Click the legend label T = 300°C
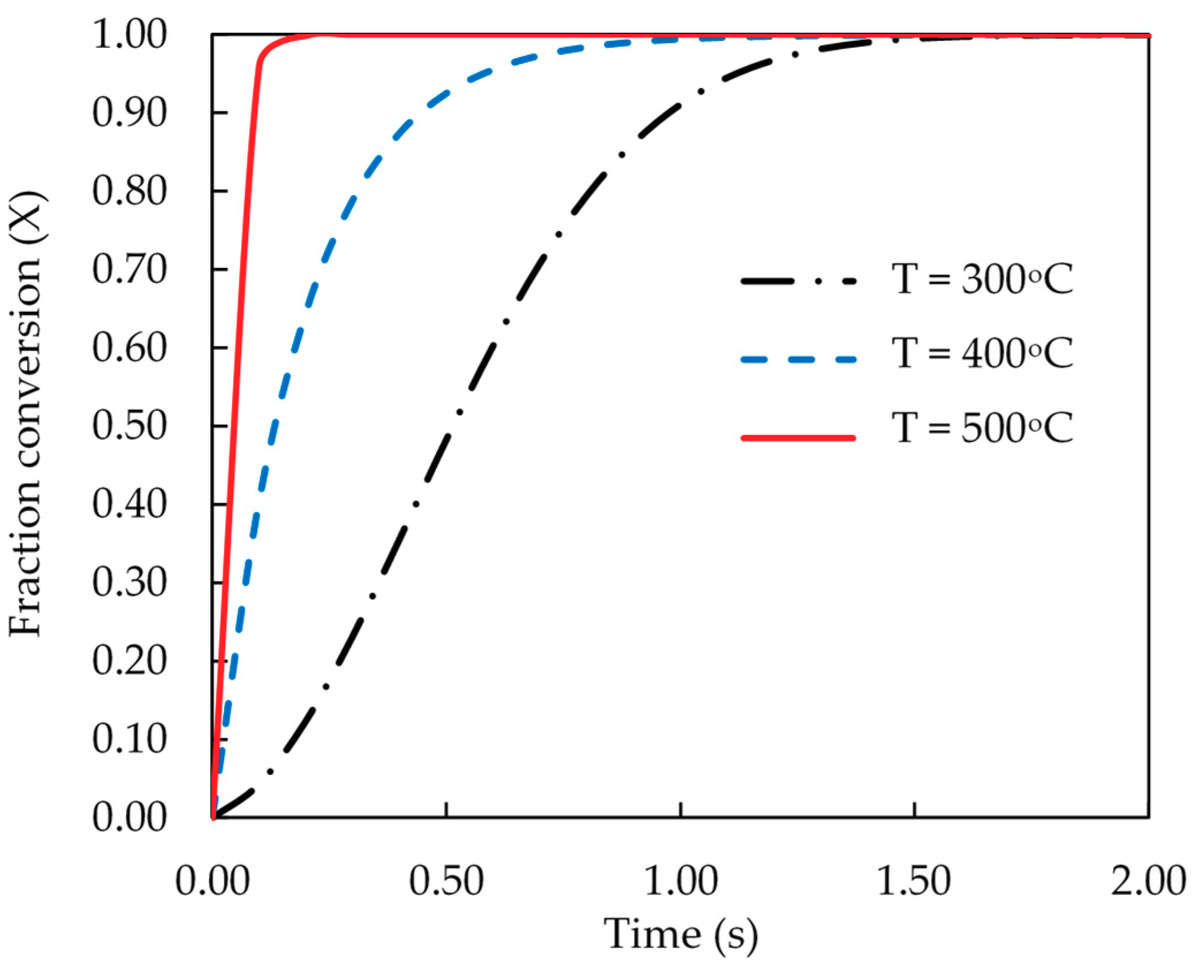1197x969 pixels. [x=982, y=279]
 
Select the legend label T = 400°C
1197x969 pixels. [x=982, y=353]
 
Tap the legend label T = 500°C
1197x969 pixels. [x=982, y=428]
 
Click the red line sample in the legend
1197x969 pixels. [x=798, y=438]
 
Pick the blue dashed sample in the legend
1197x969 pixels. [x=798, y=359]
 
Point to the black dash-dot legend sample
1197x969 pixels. [x=798, y=282]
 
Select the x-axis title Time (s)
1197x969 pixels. [x=681, y=933]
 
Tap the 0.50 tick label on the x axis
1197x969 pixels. [x=446, y=881]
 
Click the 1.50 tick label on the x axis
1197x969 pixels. [x=914, y=881]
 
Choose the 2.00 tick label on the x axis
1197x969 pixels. [x=1147, y=881]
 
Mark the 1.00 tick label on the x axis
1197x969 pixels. [x=681, y=881]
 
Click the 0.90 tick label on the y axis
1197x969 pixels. [x=130, y=112]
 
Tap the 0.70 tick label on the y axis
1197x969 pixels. [x=130, y=269]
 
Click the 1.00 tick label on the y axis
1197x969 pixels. [x=130, y=34]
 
